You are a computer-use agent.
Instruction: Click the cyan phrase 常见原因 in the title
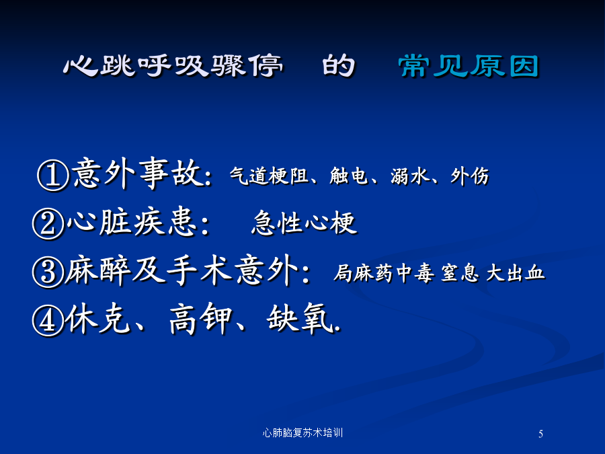[x=469, y=66]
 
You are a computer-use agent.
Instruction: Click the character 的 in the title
[x=338, y=66]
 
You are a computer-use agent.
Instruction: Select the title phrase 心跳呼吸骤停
[x=173, y=66]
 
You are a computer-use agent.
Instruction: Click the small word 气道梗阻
[x=269, y=176]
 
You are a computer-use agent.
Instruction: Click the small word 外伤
[x=470, y=176]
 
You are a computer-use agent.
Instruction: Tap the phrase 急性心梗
[x=304, y=223]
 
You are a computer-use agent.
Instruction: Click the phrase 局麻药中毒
[x=384, y=273]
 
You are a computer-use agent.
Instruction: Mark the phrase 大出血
[x=516, y=273]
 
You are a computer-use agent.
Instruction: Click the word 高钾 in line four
[x=201, y=319]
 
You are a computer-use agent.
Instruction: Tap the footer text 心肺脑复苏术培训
[x=302, y=432]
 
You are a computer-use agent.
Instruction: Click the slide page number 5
[x=540, y=434]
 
